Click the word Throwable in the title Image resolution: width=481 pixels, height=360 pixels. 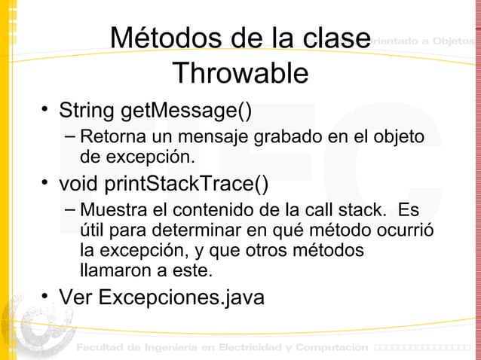coord(240,74)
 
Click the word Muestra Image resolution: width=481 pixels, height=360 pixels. coord(112,209)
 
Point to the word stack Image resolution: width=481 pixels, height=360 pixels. coord(367,209)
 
